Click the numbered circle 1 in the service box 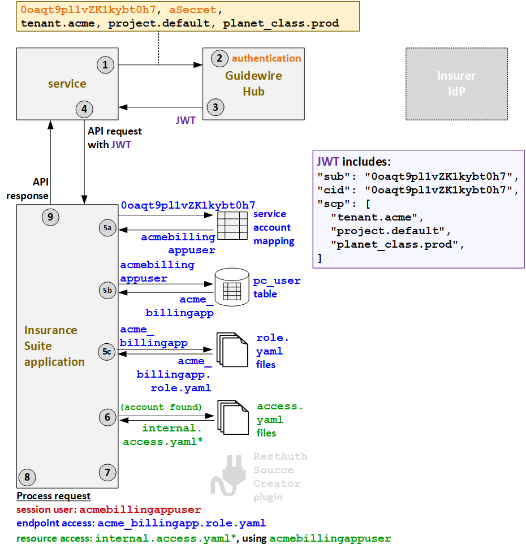click(105, 65)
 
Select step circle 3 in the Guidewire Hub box click(215, 106)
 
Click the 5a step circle click(107, 227)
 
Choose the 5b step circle click(107, 291)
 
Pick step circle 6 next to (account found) click(107, 418)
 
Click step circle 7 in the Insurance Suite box click(107, 472)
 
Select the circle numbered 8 click(27, 477)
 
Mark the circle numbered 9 click(50, 217)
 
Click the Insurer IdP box click(456, 84)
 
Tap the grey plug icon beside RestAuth click(227, 475)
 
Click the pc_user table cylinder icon click(232, 288)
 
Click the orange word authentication click(266, 58)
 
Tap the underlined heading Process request click(53, 496)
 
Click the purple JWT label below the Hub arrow click(186, 120)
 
